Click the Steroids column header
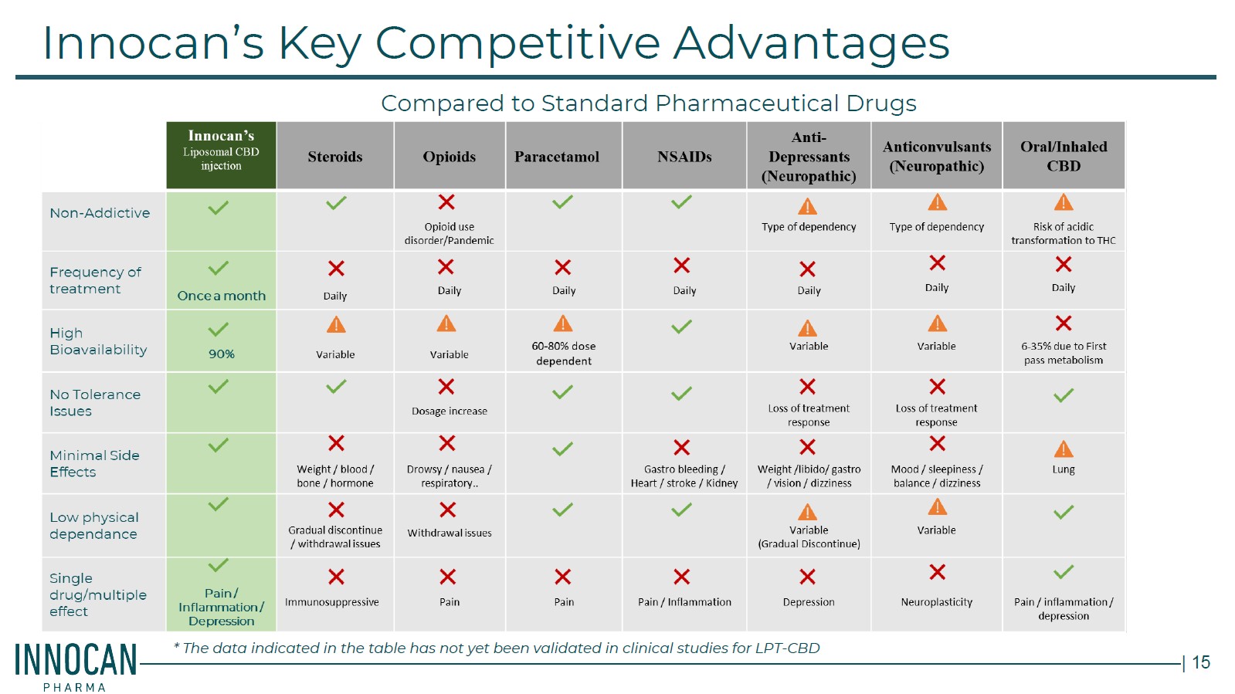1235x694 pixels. [x=334, y=157]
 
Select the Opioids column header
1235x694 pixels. [x=449, y=157]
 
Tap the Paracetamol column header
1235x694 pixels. [x=556, y=157]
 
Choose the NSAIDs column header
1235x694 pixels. [x=684, y=157]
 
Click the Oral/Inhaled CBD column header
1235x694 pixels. [x=1064, y=156]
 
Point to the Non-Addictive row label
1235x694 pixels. [x=100, y=213]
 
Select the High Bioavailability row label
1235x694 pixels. [x=98, y=341]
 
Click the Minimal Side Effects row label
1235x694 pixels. [x=94, y=464]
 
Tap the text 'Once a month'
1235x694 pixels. [x=221, y=296]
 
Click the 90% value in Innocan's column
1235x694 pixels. [x=221, y=354]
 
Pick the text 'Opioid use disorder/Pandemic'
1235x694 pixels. [x=449, y=233]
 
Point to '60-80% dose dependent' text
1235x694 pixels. [x=564, y=354]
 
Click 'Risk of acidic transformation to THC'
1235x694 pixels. [x=1063, y=233]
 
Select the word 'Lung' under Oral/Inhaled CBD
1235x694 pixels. [x=1063, y=469]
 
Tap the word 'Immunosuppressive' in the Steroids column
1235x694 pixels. [x=332, y=602]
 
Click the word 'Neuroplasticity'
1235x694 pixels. [x=936, y=602]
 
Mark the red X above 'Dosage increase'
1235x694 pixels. [x=446, y=387]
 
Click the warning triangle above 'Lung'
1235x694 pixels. [x=1064, y=449]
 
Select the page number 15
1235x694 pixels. [x=1201, y=662]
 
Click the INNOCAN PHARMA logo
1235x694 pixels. [x=76, y=666]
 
